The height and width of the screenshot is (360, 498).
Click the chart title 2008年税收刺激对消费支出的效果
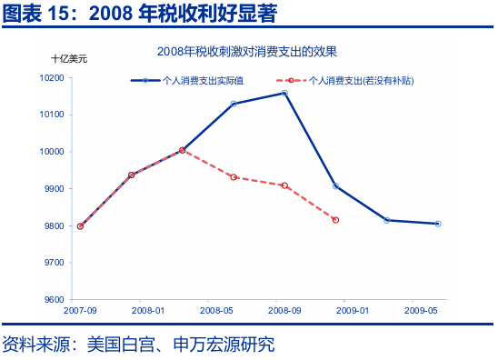[253, 51]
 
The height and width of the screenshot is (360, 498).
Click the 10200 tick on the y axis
[51, 78]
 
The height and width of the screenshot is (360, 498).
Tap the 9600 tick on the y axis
[53, 300]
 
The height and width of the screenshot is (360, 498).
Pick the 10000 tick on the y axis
[51, 152]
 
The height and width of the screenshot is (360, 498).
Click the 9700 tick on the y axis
[53, 263]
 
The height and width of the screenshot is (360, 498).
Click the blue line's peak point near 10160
[284, 93]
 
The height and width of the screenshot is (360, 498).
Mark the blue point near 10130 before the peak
[234, 104]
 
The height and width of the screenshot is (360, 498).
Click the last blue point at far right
[438, 224]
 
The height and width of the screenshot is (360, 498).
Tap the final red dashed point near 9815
[335, 220]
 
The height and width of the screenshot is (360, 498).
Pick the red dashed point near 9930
[234, 177]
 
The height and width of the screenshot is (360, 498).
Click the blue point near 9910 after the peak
[336, 185]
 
